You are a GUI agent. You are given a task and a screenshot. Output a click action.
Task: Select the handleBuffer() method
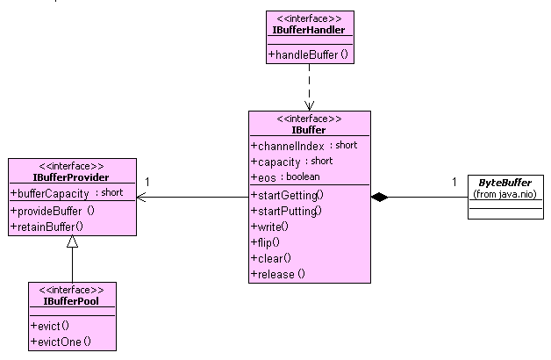(308, 54)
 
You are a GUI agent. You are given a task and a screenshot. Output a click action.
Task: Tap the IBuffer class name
(309, 130)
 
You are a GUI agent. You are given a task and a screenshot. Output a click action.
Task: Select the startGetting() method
(287, 195)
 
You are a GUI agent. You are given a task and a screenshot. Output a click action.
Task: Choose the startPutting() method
(287, 211)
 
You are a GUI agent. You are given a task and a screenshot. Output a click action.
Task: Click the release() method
(278, 274)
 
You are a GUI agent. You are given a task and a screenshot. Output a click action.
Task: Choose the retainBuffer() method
(47, 227)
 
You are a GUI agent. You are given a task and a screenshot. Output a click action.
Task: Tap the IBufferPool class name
(71, 301)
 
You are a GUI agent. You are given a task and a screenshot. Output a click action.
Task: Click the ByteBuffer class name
(504, 182)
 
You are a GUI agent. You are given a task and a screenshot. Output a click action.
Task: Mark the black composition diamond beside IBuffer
(379, 198)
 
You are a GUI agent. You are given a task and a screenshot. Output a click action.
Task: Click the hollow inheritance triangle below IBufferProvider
(72, 244)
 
